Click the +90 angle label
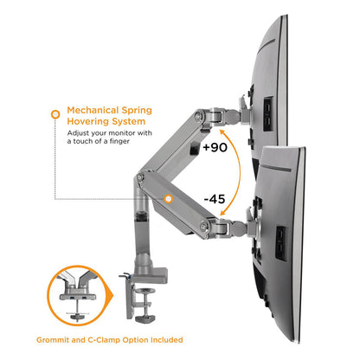click(215, 147)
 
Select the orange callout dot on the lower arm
click(169, 198)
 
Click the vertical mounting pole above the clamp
click(138, 238)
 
